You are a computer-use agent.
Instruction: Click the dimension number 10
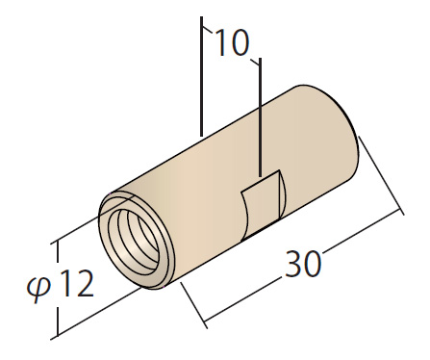tap(233, 42)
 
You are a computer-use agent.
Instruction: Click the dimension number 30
tap(303, 264)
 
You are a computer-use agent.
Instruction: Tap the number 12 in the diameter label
tap(77, 283)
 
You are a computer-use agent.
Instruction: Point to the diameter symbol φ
tap(38, 287)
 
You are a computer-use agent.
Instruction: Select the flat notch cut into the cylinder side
tap(263, 206)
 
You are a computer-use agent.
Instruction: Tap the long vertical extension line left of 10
tap(202, 76)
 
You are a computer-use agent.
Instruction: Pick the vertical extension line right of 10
tap(260, 117)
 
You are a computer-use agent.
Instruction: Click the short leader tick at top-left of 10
tap(208, 30)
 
